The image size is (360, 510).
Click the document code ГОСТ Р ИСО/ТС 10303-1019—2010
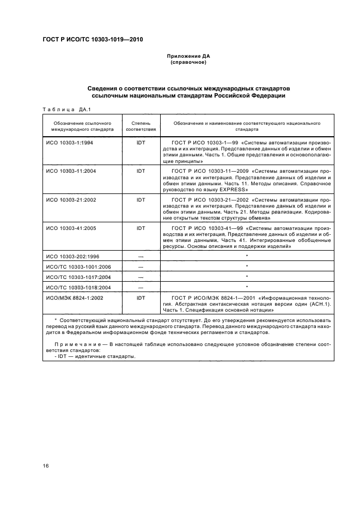(x=93, y=39)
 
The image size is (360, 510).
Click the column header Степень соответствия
(x=141, y=126)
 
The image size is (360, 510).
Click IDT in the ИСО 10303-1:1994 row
(x=141, y=142)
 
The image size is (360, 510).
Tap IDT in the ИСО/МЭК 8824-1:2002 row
(x=141, y=298)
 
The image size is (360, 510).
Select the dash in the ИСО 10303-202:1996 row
(x=141, y=256)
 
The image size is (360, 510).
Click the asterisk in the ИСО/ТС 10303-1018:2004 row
(x=247, y=287)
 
